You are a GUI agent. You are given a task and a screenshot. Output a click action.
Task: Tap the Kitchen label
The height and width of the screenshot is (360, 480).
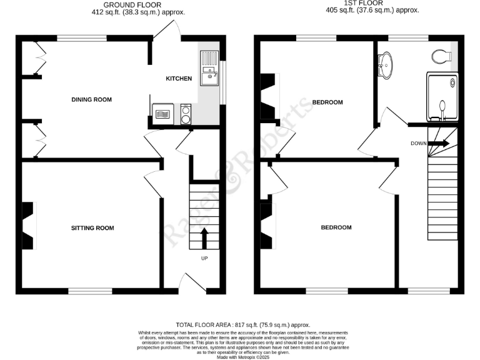pyautogui.click(x=178, y=79)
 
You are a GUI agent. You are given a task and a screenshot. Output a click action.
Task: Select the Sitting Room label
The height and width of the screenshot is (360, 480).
pyautogui.click(x=92, y=228)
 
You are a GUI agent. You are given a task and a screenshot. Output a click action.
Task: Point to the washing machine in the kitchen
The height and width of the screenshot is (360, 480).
pyautogui.click(x=186, y=114)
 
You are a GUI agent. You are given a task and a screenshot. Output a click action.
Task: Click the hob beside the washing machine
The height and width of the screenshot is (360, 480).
pyautogui.click(x=163, y=114)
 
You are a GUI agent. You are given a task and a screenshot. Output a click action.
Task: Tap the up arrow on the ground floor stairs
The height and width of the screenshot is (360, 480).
pyautogui.click(x=204, y=238)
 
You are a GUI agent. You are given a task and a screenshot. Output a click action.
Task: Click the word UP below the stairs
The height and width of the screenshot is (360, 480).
pyautogui.click(x=204, y=258)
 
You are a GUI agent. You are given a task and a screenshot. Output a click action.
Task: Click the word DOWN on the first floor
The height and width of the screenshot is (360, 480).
pyautogui.click(x=419, y=143)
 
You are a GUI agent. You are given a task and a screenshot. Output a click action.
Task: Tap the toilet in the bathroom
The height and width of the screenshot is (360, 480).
pyautogui.click(x=442, y=57)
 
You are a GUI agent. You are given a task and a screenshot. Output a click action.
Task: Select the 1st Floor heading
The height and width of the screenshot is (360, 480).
pyautogui.click(x=372, y=4)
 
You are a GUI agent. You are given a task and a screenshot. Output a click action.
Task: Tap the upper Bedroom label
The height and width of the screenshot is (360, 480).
pyautogui.click(x=327, y=102)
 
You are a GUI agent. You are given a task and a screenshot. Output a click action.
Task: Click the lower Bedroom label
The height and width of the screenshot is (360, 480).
pyautogui.click(x=336, y=227)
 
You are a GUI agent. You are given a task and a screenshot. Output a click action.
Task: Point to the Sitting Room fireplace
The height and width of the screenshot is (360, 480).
pyautogui.click(x=29, y=226)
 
